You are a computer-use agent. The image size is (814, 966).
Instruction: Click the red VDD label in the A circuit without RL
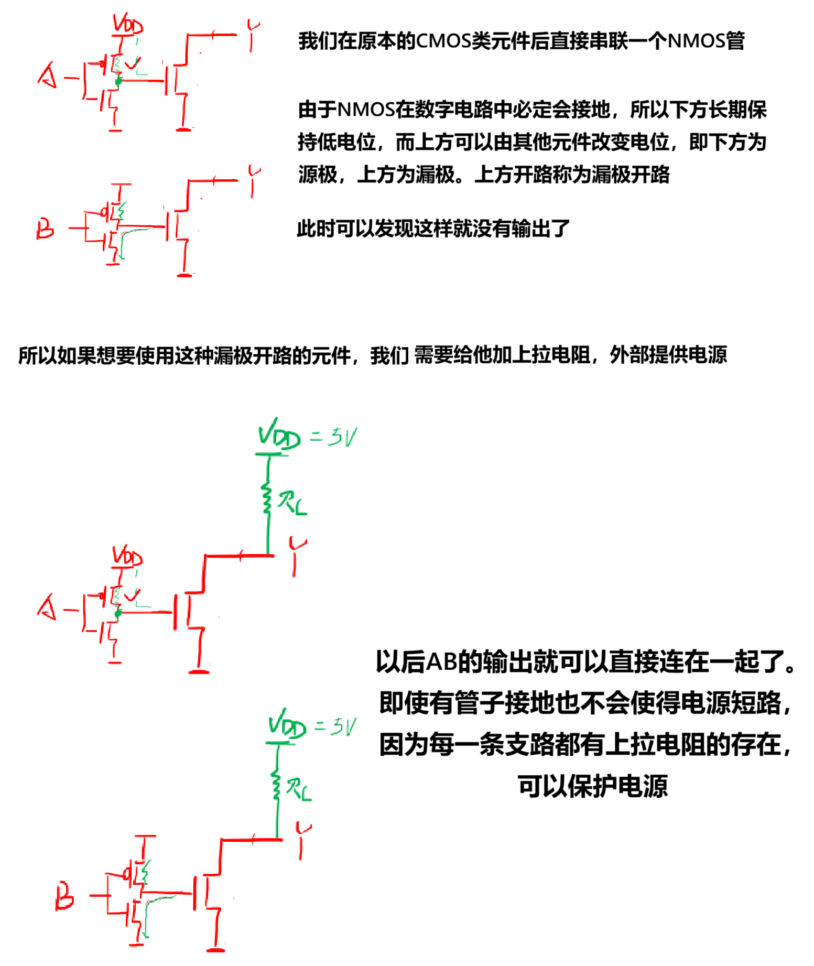(128, 25)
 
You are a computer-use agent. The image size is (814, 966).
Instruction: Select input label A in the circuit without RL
(48, 75)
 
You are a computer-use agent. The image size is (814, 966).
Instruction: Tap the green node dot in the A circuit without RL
(118, 81)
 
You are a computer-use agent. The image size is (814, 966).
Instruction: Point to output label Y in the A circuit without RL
(253, 36)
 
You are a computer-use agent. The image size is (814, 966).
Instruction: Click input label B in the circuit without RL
(45, 229)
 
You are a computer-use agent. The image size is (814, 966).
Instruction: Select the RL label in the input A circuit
(292, 503)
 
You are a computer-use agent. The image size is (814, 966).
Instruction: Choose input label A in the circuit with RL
(47, 607)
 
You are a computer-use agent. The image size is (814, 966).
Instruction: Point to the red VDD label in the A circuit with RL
(127, 556)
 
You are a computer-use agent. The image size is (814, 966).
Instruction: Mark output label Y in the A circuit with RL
(297, 556)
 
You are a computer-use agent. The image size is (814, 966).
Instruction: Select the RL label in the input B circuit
(299, 789)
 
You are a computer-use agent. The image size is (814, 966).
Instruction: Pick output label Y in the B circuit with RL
(303, 840)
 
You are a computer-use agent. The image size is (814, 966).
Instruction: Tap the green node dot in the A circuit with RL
(118, 613)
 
